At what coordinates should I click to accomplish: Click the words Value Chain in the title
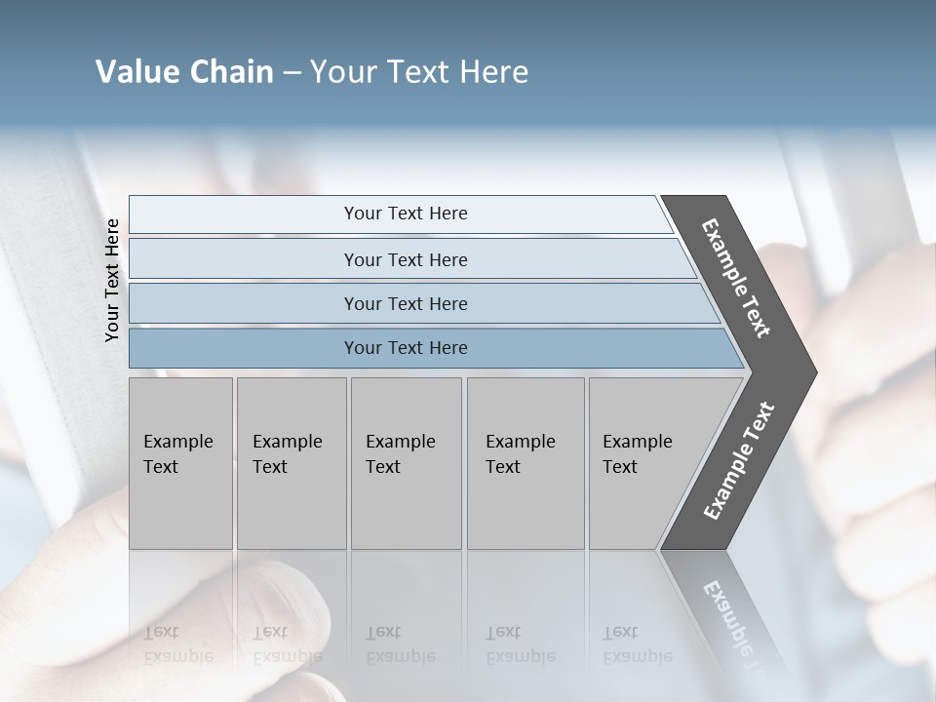click(x=184, y=72)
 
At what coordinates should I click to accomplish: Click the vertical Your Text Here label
click(x=112, y=280)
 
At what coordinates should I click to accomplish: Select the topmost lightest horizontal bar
click(x=400, y=214)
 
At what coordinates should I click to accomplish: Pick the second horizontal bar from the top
click(x=406, y=259)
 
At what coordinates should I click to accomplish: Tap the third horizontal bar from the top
click(x=409, y=303)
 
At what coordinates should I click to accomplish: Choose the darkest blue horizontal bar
click(x=419, y=348)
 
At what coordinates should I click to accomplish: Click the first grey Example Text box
click(x=180, y=463)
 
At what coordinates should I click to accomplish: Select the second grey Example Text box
click(x=291, y=463)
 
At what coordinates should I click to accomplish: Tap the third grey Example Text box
click(x=406, y=463)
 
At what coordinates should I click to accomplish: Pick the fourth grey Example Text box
click(x=525, y=463)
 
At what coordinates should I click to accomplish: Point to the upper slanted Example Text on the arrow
click(x=736, y=278)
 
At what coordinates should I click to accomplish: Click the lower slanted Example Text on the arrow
click(x=739, y=460)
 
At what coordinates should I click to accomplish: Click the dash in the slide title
click(x=292, y=72)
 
